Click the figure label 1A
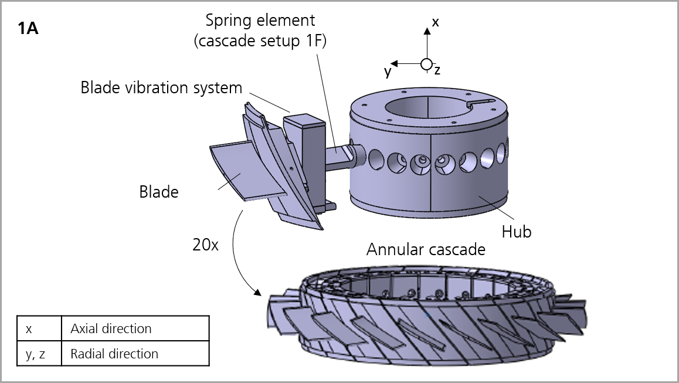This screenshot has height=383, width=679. coord(28,29)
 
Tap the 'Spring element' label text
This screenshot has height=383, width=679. coord(260,21)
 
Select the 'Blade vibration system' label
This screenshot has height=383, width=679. coord(161,88)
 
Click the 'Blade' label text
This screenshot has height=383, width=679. coord(158,192)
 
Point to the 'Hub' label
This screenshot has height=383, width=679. coord(516,232)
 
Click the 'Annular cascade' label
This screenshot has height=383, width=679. coord(426,249)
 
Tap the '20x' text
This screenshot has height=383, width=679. coord(205,245)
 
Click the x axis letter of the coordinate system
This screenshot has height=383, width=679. coord(435,22)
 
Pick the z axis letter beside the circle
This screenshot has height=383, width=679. coord(437,70)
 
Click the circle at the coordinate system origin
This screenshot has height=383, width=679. coord(426,64)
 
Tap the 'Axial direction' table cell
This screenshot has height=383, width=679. coord(135,328)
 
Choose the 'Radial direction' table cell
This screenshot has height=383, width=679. coord(135,354)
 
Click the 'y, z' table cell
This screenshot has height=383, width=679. coord(39,354)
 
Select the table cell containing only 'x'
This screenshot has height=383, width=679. coord(39,328)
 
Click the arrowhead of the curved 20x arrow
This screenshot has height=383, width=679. coord(257,292)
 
